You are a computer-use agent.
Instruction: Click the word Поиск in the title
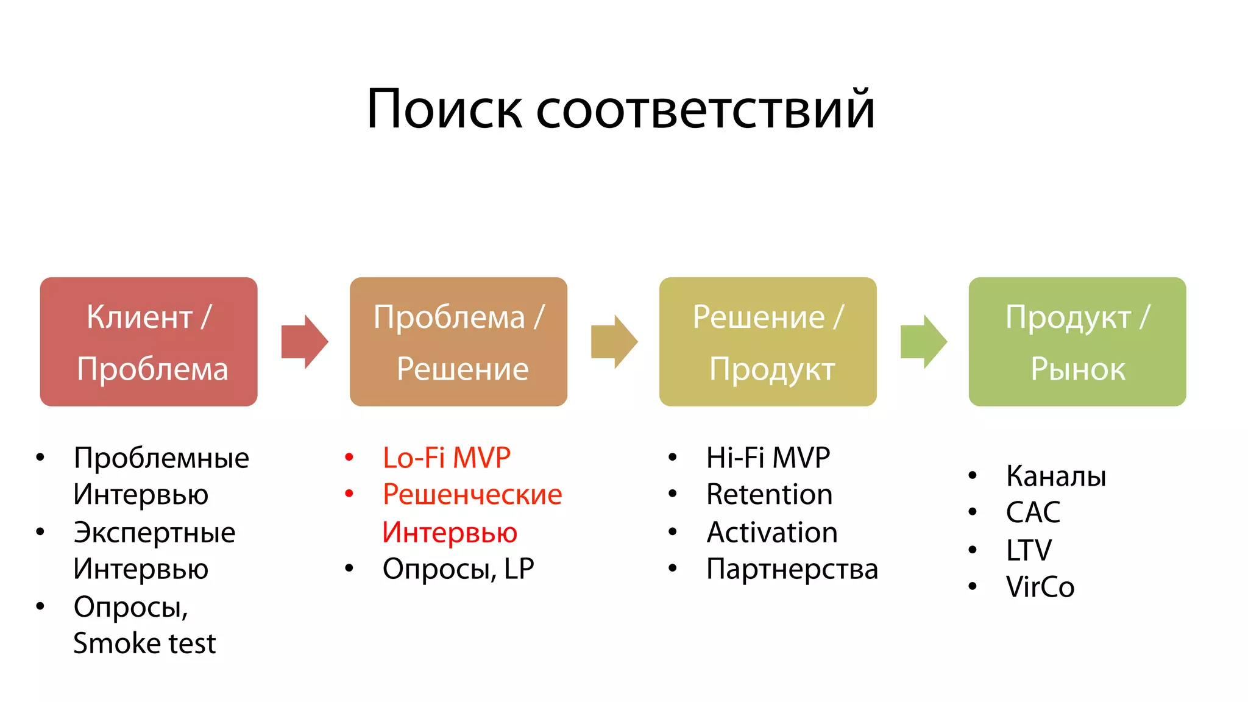pos(444,110)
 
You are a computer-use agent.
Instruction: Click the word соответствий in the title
pos(705,110)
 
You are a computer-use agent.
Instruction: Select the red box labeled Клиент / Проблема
pos(149,342)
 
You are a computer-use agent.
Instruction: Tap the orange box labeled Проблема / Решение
pos(458,342)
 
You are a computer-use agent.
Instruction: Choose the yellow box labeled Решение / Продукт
pos(768,342)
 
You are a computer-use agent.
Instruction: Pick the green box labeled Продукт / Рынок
pos(1077,342)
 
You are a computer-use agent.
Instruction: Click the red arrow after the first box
pos(304,342)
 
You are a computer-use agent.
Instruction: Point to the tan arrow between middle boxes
pos(614,342)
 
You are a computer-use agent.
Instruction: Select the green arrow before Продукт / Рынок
pos(923,342)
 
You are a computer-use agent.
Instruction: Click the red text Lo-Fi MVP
pos(446,458)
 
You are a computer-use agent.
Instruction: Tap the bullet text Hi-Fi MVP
pos(768,458)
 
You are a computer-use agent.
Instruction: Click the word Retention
pos(769,494)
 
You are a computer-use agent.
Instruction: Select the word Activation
pos(771,533)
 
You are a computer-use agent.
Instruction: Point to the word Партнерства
pos(792,569)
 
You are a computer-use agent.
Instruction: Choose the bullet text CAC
pos(1032,512)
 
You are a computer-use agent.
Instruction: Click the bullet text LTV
pos(1028,550)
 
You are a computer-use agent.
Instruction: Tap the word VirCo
pos(1040,587)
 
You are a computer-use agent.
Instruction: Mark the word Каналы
pos(1055,476)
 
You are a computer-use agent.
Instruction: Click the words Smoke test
pos(144,643)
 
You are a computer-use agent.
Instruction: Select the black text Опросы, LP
pos(458,569)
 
